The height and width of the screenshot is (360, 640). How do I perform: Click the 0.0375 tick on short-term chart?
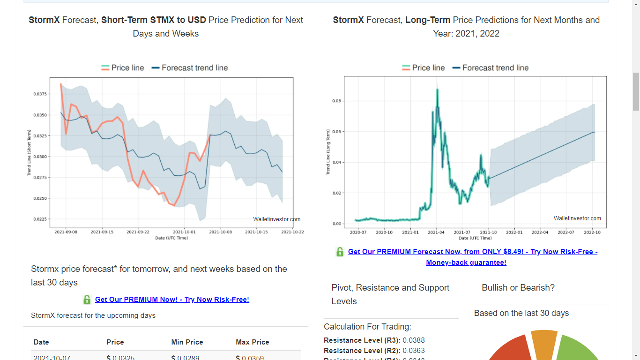(40, 94)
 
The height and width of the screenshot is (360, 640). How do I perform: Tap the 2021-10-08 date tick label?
(220, 232)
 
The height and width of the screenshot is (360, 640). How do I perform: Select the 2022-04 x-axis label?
(540, 232)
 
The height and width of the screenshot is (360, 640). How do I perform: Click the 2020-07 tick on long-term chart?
(358, 232)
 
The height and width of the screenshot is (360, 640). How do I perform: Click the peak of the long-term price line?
(437, 89)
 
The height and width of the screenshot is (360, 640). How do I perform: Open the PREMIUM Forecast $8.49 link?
(472, 252)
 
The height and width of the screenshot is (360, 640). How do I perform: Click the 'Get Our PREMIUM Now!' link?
(172, 300)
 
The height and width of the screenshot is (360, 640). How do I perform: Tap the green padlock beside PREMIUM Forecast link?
(340, 252)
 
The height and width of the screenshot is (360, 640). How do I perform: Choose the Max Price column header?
(253, 342)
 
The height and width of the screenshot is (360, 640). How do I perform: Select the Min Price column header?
(187, 342)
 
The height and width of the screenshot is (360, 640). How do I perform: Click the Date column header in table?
(41, 342)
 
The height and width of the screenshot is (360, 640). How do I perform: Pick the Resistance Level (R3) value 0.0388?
(414, 340)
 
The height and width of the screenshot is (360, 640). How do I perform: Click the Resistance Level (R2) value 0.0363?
(414, 351)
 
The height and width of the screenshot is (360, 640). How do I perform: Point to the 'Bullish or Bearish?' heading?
(518, 288)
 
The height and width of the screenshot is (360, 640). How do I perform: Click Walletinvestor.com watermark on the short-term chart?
(276, 219)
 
